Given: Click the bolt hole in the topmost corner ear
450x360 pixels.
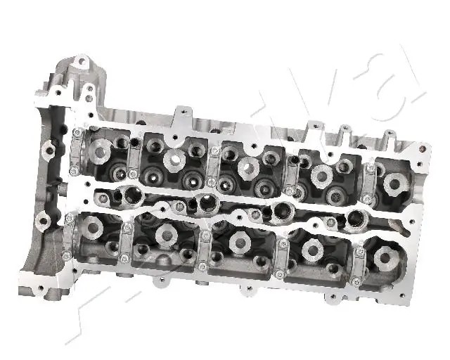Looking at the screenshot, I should pyautogui.click(x=82, y=63).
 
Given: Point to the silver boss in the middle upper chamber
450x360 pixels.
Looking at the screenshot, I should pyautogui.click(x=247, y=166).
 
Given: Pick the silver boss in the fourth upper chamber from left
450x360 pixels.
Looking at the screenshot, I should pyautogui.click(x=321, y=174).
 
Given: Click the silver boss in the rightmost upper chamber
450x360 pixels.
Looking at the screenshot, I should pyautogui.click(x=392, y=183).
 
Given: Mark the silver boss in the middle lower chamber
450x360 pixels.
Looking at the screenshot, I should pyautogui.click(x=239, y=243).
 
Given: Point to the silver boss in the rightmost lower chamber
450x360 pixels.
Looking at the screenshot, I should pyautogui.click(x=385, y=257).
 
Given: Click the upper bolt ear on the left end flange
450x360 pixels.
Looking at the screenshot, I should pyautogui.click(x=49, y=148).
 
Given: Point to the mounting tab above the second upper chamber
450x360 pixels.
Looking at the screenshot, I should pyautogui.click(x=181, y=111).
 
